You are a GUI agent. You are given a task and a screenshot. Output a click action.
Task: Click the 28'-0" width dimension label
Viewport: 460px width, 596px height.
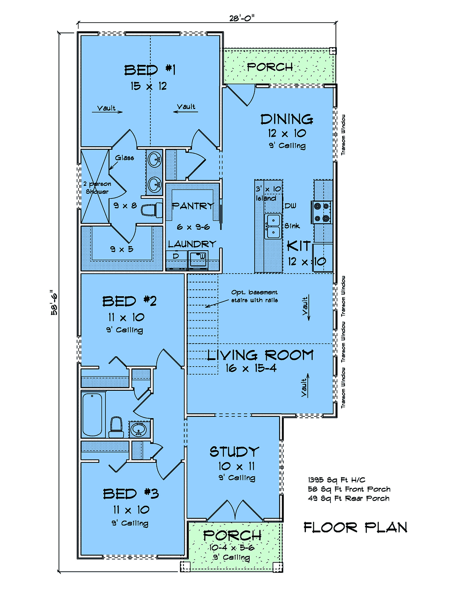point(242,18)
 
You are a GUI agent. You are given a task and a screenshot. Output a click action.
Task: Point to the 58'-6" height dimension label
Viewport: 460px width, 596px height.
point(54,302)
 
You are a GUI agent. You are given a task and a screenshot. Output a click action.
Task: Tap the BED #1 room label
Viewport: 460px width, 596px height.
point(149,70)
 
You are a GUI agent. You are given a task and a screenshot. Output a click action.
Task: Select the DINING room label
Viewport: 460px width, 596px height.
point(287,119)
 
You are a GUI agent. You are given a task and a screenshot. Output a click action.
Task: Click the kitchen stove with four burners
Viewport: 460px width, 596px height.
point(322,212)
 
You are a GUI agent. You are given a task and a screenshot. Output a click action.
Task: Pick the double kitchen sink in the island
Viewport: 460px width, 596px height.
point(273,226)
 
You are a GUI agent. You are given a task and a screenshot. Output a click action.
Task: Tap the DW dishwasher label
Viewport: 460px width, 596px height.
point(291,206)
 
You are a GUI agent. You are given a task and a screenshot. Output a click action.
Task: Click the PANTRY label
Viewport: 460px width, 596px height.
point(192,206)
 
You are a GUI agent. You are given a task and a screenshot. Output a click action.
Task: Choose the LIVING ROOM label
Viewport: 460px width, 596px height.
point(260,355)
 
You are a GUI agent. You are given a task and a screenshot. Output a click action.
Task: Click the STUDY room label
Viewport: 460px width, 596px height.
point(234,452)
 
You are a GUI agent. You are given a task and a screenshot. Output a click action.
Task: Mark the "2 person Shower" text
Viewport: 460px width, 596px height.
point(97,188)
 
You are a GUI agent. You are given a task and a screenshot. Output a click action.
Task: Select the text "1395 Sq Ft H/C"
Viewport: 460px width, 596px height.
point(337,480)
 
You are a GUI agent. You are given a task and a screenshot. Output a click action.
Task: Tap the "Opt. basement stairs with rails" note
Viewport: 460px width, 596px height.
point(254,296)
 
